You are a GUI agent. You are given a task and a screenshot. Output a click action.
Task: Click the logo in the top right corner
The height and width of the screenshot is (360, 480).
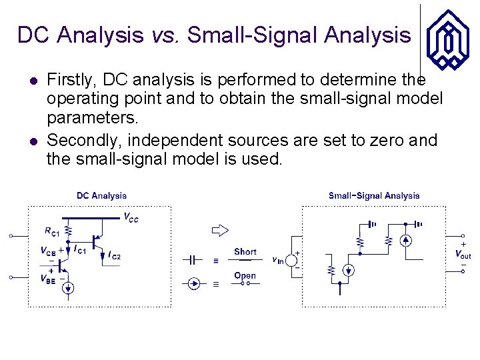[x=447, y=38]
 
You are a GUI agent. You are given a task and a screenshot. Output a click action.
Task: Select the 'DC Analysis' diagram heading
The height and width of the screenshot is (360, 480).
[x=101, y=195]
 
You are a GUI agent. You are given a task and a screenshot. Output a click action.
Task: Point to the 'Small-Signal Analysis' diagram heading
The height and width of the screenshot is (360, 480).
[x=374, y=195]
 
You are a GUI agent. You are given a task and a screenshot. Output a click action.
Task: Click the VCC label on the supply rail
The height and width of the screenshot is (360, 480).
[x=131, y=217]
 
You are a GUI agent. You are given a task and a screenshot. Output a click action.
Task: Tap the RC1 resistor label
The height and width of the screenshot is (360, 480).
[x=52, y=232]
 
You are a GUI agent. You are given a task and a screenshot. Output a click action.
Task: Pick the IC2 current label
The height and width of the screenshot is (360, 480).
[x=114, y=255]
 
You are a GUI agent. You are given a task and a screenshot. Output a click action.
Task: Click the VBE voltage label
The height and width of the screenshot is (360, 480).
[x=47, y=278]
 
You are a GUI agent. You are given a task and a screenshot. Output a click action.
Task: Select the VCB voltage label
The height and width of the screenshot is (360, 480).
[x=48, y=251]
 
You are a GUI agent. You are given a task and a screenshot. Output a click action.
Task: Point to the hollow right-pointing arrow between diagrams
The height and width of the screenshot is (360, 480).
[x=220, y=231]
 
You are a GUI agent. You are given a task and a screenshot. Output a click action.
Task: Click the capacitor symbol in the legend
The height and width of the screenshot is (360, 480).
[x=193, y=259]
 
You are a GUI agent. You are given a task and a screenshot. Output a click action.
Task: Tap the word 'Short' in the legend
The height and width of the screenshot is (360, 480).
[x=245, y=251]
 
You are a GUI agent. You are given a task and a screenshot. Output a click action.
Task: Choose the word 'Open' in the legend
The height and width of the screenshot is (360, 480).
[x=245, y=275]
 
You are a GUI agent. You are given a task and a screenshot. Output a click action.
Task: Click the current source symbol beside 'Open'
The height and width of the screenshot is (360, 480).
[x=194, y=284]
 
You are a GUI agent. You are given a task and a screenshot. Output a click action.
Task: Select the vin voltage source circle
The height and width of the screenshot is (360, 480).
[x=292, y=260]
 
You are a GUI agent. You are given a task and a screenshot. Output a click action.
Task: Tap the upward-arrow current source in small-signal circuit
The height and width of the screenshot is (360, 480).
[x=405, y=241]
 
